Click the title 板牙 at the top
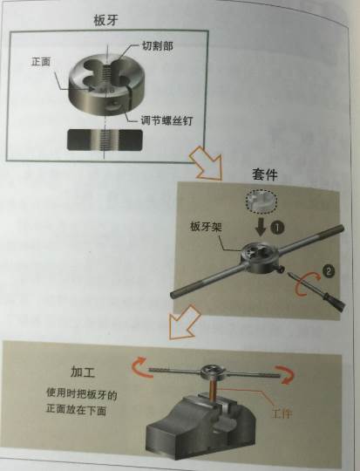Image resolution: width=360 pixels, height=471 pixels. tap(106, 20)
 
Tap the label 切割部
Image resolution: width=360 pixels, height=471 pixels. tap(157, 45)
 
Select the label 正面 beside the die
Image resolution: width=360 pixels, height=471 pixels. tap(41, 62)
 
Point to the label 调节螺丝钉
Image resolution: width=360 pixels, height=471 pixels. tap(166, 120)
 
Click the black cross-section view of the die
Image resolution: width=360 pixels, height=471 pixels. tap(105, 140)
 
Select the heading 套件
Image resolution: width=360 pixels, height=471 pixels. tap(264, 174)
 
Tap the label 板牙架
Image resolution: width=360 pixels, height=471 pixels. tap(206, 227)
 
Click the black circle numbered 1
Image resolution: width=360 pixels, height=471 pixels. tap(277, 229)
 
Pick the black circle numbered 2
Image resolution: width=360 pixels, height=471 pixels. tap(328, 270)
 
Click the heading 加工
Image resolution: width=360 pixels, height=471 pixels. tap(83, 372)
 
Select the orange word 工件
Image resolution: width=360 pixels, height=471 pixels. tap(282, 413)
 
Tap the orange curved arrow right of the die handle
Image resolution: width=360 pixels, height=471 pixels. tap(286, 374)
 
